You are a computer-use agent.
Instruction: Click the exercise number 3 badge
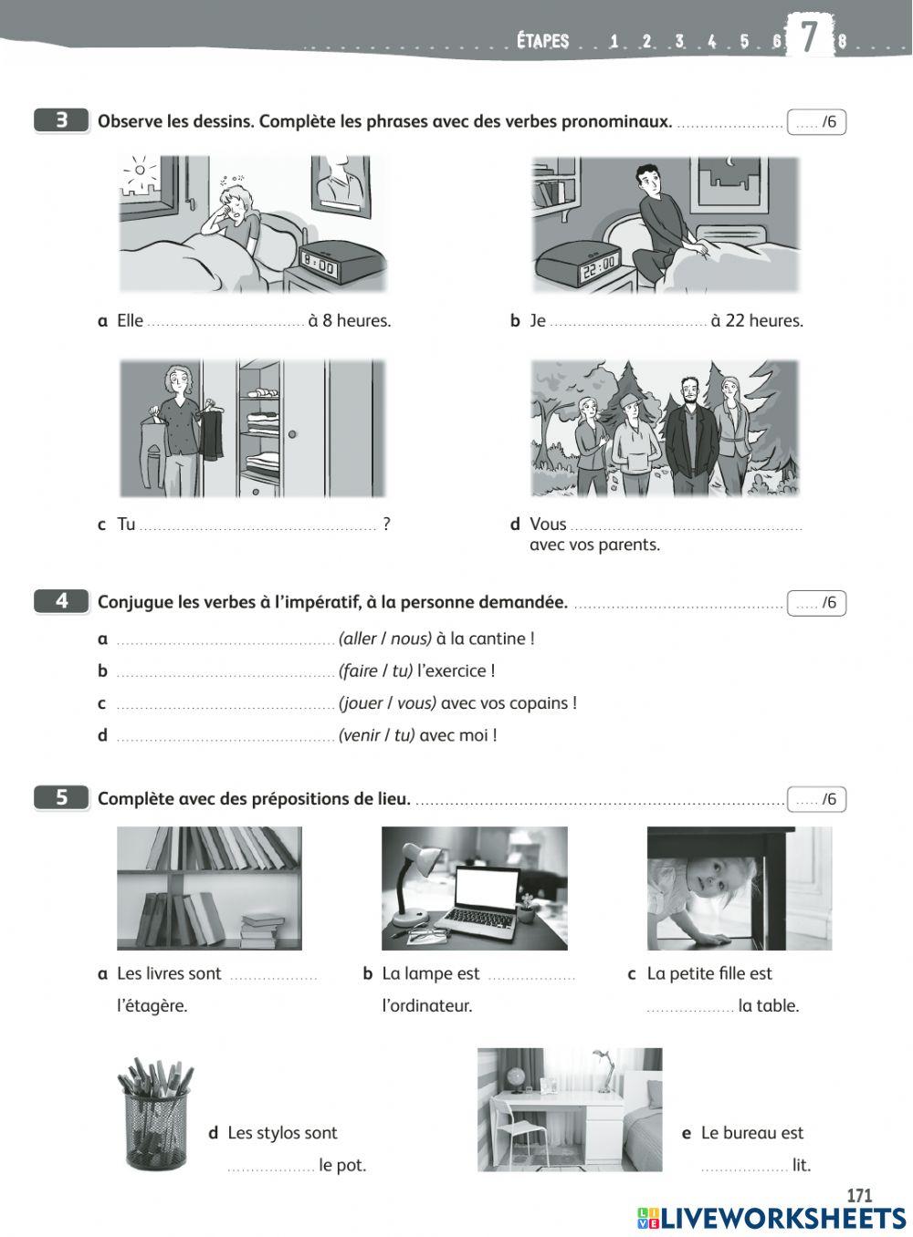pos(61,120)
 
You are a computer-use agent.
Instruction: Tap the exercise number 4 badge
pos(61,601)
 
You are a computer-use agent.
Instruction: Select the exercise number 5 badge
pos(61,797)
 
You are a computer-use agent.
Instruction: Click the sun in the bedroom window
pos(139,169)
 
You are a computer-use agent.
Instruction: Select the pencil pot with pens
pos(155,1115)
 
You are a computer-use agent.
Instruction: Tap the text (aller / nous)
pos(384,639)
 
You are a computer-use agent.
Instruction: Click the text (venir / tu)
pos(376,735)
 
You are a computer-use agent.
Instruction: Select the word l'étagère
pos(152,1005)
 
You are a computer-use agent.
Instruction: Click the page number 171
pos(858,1195)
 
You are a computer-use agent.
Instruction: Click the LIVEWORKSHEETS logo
pos(771,1218)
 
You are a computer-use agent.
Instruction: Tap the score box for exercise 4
pos(816,603)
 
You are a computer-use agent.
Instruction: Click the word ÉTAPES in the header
pos(542,41)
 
